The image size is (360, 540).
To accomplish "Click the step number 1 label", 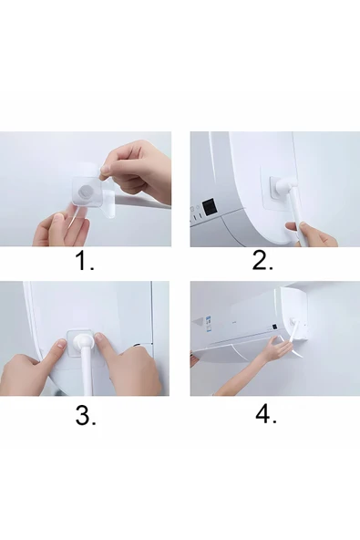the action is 85,261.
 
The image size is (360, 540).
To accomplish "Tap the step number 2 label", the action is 262,260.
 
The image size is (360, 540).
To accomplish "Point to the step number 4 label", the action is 266,414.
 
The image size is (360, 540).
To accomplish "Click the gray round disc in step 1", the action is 85,192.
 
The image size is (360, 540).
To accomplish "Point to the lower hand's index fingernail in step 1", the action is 59,216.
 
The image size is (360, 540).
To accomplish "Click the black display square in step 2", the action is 210,207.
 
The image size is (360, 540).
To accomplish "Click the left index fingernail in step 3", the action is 62,343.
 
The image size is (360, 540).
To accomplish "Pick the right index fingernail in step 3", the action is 99,337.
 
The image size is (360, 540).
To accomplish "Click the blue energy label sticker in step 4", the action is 208,324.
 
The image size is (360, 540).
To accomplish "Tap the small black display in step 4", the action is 274,327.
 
